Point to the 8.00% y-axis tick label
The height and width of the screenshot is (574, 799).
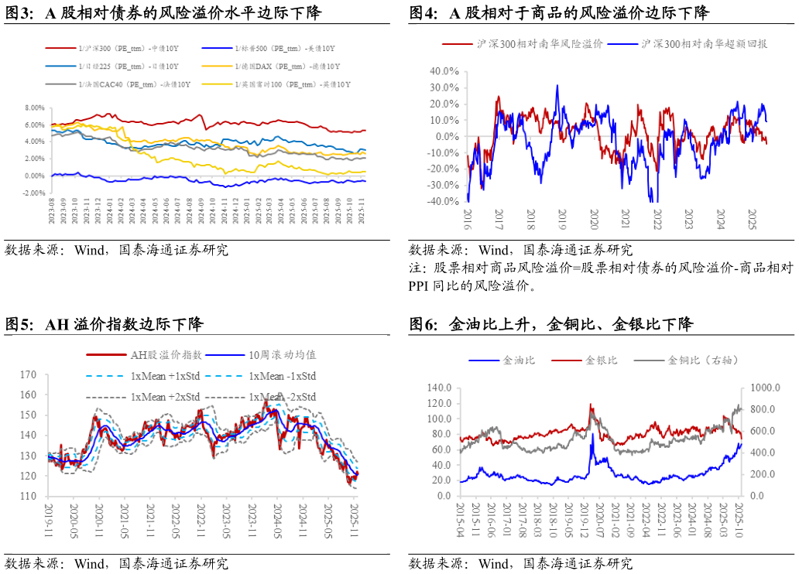[x=35, y=108]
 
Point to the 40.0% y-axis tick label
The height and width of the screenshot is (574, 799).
[x=444, y=71]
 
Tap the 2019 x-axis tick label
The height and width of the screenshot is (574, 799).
[x=562, y=217]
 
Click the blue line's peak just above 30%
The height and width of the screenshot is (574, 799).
[x=557, y=86]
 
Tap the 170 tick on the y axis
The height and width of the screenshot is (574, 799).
[x=29, y=375]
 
